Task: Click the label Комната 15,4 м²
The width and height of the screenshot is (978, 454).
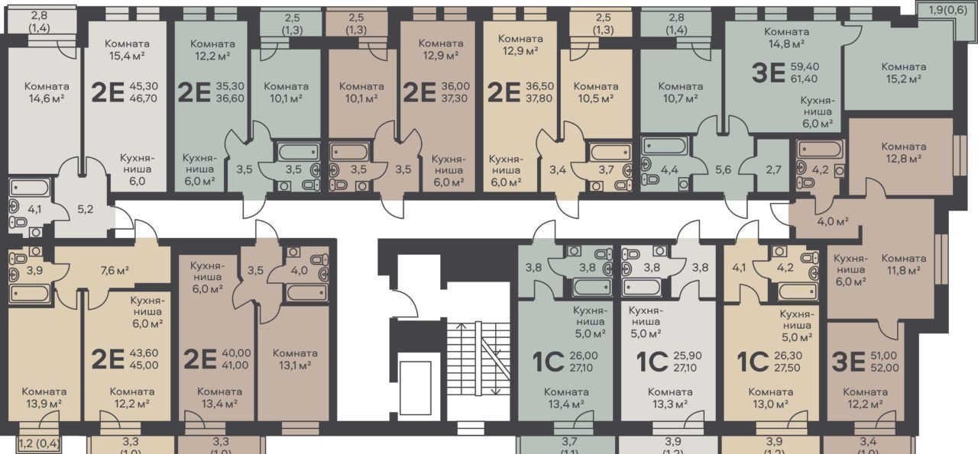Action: tap(127, 50)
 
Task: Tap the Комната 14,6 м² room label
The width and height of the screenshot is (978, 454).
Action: tap(47, 92)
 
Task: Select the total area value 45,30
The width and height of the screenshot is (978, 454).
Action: tap(144, 86)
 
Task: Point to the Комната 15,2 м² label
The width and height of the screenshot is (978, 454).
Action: tap(904, 72)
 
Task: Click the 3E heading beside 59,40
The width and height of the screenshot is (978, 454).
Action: tap(769, 72)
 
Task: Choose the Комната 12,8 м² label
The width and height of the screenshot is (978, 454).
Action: tap(904, 152)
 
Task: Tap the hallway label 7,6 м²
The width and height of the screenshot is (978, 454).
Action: tap(115, 270)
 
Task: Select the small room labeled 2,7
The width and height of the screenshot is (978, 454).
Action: tap(773, 169)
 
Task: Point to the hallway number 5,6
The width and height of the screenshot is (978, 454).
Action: tap(723, 169)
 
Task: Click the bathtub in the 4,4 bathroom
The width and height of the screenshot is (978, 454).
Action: tap(665, 147)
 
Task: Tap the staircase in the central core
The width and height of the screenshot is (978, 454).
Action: tap(478, 359)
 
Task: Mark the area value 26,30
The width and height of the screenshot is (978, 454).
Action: tap(788, 356)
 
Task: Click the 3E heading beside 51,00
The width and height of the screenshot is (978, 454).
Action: tap(848, 362)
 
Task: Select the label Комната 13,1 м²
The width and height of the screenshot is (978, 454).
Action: tap(295, 359)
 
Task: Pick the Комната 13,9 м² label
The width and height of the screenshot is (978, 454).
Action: tap(44, 398)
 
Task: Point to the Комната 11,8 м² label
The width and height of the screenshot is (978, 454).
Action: tap(904, 264)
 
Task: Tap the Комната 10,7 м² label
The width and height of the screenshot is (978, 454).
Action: tap(681, 92)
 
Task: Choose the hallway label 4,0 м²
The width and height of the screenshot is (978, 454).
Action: tap(833, 221)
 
